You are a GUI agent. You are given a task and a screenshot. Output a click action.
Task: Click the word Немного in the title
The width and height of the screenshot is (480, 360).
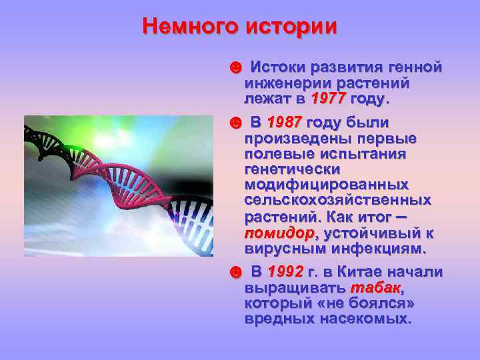(x=191, y=27)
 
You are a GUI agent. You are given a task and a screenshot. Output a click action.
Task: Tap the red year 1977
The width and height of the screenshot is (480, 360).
(x=328, y=99)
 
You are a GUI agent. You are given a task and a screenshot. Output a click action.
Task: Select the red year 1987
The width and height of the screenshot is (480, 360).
(x=285, y=123)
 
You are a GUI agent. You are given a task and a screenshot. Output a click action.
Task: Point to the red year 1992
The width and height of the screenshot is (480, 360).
(x=285, y=273)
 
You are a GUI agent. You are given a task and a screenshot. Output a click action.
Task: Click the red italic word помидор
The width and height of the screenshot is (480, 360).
(x=279, y=234)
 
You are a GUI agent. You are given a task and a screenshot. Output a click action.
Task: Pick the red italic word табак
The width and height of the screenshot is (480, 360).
(x=375, y=288)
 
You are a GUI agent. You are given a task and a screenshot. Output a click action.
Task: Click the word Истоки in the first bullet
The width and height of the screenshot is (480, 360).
(x=279, y=68)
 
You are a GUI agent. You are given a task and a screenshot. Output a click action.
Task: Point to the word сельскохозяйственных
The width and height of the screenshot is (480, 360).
(x=337, y=200)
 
